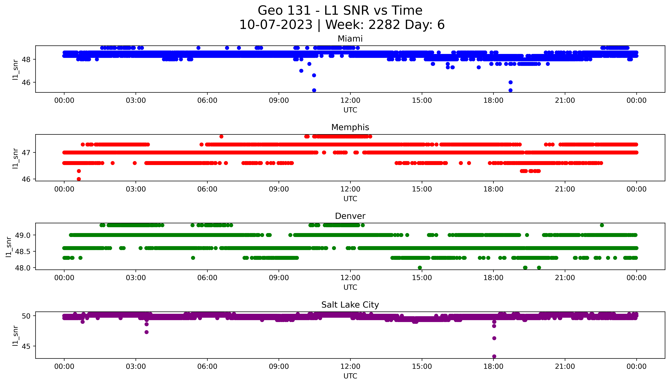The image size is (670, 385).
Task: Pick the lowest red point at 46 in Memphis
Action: (x=79, y=179)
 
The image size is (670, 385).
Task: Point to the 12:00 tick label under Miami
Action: (x=350, y=101)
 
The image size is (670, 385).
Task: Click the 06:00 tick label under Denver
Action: (x=207, y=278)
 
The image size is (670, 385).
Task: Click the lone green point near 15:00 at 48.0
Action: (x=420, y=268)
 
